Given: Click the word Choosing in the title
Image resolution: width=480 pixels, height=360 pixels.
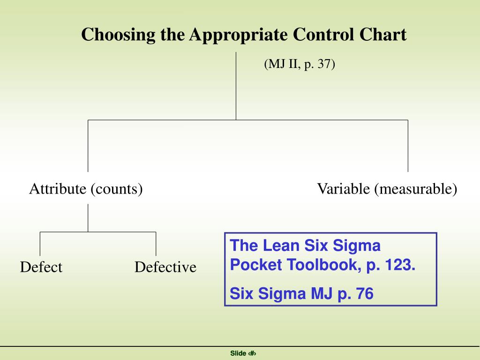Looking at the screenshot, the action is [118, 35].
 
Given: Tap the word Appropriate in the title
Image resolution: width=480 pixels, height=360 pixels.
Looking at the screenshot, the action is [238, 35].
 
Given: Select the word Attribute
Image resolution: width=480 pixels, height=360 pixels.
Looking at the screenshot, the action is [58, 188].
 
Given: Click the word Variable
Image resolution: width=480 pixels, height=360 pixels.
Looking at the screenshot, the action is [344, 188].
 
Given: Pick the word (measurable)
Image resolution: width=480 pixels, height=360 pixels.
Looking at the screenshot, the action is [416, 189].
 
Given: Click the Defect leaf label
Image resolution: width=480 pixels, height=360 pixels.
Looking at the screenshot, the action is [41, 267].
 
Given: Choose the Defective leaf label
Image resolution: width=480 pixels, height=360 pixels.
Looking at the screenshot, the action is [165, 267].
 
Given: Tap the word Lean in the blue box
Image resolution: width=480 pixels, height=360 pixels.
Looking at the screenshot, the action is [281, 246].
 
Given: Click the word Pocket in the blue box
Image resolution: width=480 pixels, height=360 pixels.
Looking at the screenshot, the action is [255, 264].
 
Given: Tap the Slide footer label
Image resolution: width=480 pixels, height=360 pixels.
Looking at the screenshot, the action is [238, 353].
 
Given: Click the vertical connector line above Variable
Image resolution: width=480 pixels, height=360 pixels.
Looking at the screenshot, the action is [408, 146].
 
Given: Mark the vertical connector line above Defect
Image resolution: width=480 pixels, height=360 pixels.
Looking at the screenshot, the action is [40, 244].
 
